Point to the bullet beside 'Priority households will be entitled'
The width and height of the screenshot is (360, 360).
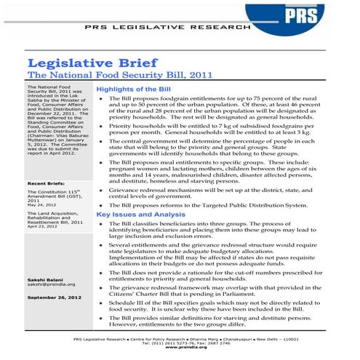tap(100, 125)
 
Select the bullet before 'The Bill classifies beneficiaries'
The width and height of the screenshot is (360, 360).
tap(100, 224)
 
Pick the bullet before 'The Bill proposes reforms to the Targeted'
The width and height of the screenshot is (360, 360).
tap(100, 206)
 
